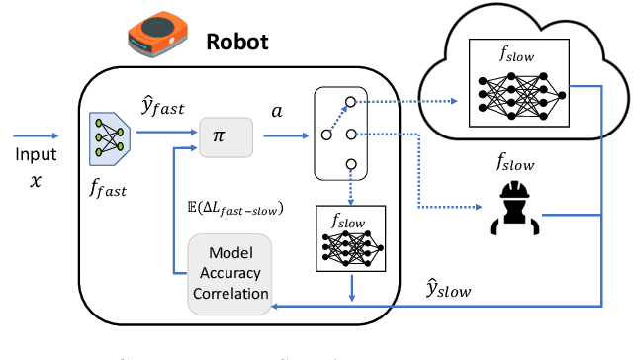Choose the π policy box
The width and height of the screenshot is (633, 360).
[226, 138]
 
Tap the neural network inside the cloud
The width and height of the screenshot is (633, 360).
[520, 97]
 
